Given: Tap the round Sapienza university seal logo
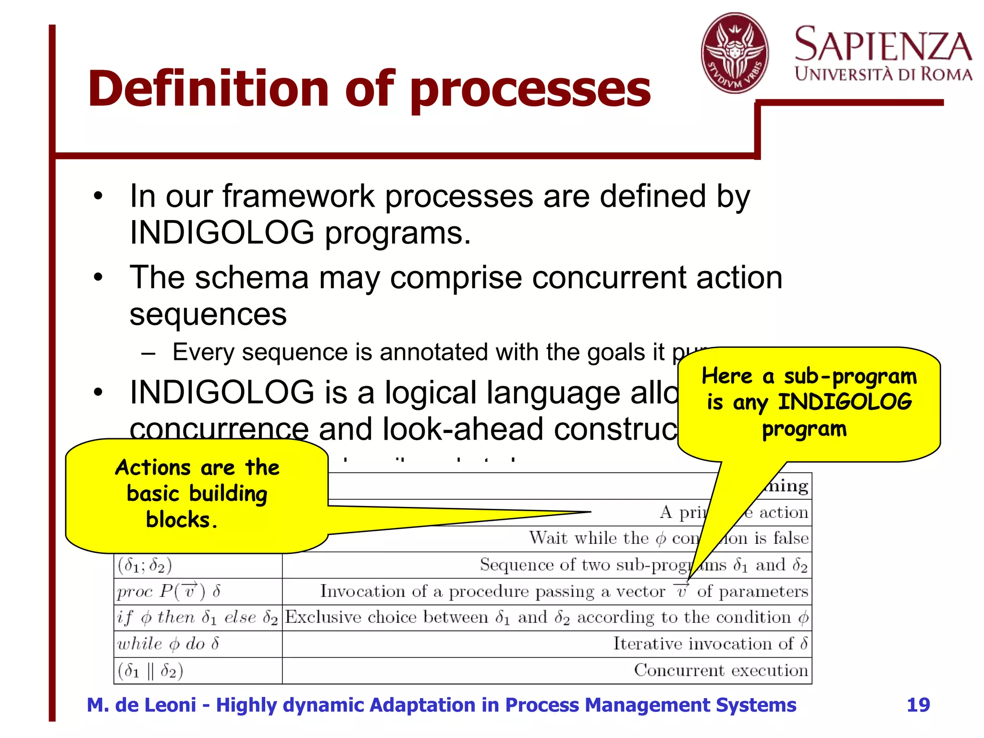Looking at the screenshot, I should point(735,53).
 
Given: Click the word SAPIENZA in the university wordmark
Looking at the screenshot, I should point(883,45).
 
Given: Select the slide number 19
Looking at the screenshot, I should point(918,705).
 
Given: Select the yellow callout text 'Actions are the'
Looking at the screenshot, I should point(197,467).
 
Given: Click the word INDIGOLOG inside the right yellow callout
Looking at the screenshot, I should point(845,402).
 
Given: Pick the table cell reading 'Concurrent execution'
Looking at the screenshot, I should point(720,670).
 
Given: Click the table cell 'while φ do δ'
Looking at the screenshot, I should point(168,644).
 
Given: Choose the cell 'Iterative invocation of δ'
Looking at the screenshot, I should point(710,644).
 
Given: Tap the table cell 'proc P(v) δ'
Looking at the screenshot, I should point(169,591).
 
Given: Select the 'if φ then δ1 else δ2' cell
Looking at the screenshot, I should point(197,617).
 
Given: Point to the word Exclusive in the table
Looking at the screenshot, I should point(323,617).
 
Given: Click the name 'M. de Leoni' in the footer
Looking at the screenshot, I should point(141,705).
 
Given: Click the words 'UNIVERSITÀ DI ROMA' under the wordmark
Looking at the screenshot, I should point(883,74).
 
